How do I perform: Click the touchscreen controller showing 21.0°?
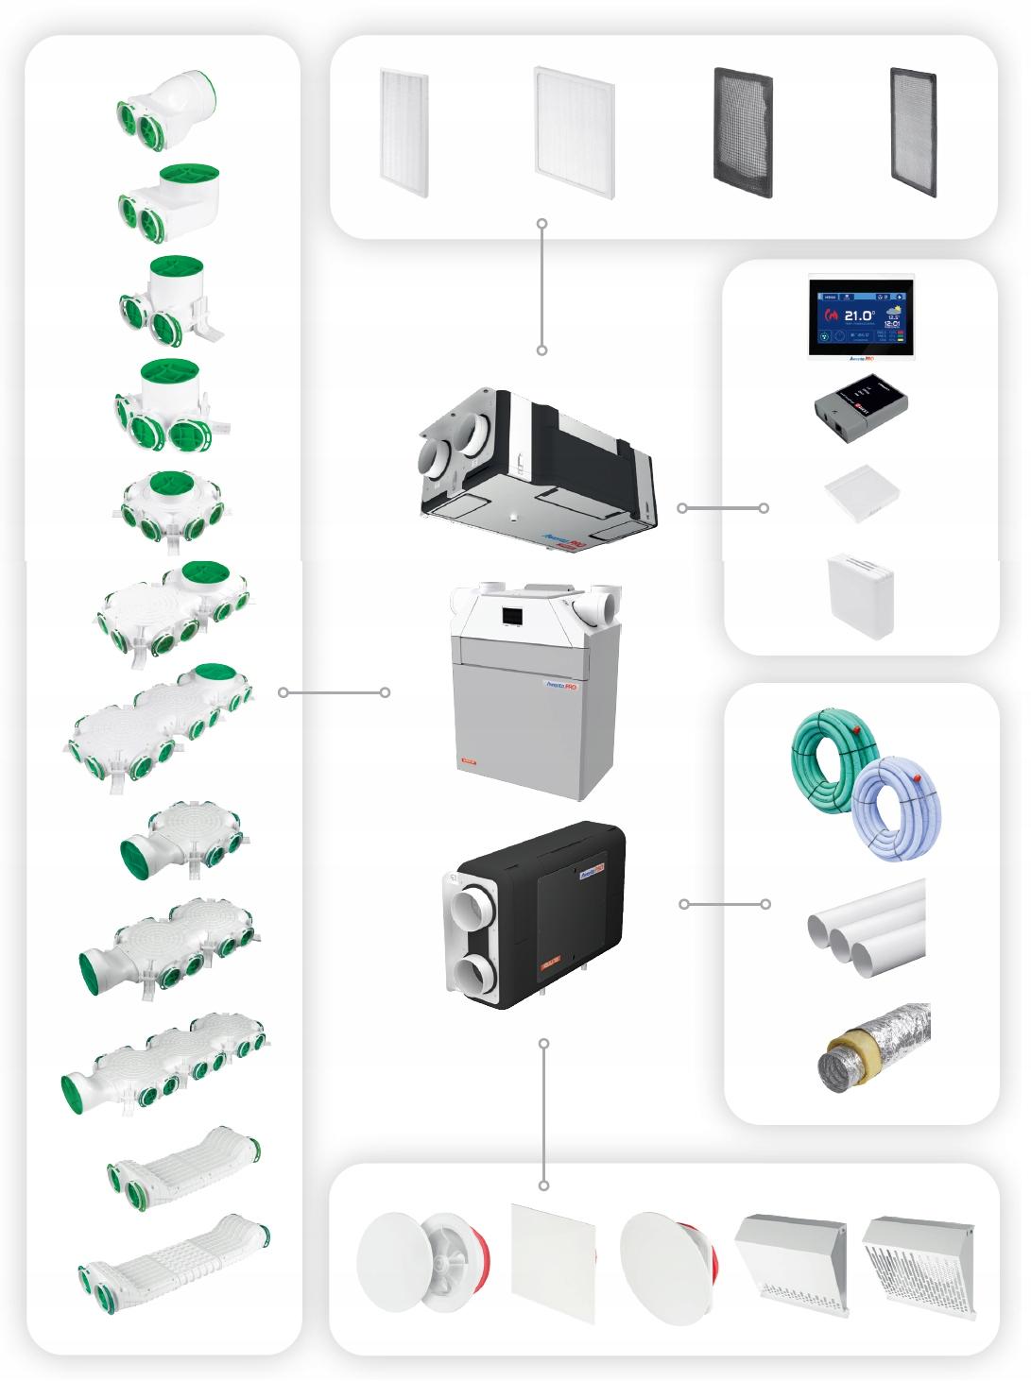tap(861, 315)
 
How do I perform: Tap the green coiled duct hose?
tap(828, 757)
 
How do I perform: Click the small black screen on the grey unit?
tap(511, 614)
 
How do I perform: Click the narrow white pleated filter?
tap(404, 132)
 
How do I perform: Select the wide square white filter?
tap(574, 133)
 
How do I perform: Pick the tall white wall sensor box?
tap(860, 595)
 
